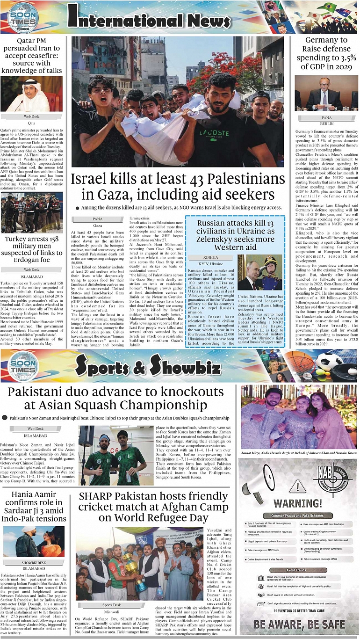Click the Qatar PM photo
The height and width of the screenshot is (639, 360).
coord(31,94)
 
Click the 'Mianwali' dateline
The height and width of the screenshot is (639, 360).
coord(111,611)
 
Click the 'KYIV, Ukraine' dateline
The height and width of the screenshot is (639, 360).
coord(211,264)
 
